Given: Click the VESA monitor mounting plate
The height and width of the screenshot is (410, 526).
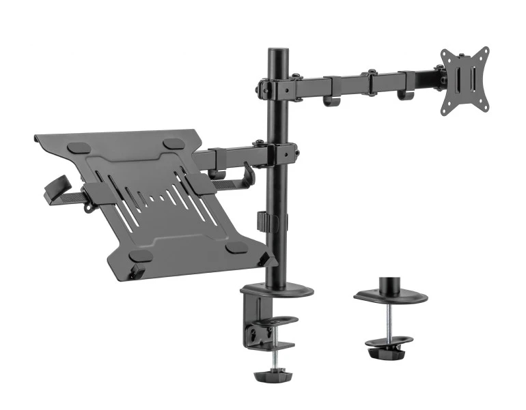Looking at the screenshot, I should pos(465,80).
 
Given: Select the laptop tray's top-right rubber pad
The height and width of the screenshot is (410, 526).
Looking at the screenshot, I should pos(174,144).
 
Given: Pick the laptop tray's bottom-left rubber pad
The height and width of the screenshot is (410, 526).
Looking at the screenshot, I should pos(141,255).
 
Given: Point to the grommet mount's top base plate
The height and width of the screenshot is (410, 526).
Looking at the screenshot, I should pos(390,297).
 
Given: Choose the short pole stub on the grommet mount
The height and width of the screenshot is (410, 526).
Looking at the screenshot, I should pos(390,283).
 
